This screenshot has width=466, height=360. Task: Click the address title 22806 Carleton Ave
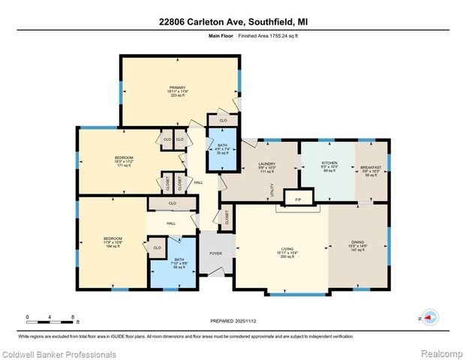(233, 22)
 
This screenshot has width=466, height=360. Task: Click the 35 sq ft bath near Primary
(222, 148)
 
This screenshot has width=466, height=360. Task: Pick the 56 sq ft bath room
(179, 263)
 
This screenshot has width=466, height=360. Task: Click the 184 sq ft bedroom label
(113, 241)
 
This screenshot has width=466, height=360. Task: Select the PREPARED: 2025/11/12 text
(233, 322)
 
